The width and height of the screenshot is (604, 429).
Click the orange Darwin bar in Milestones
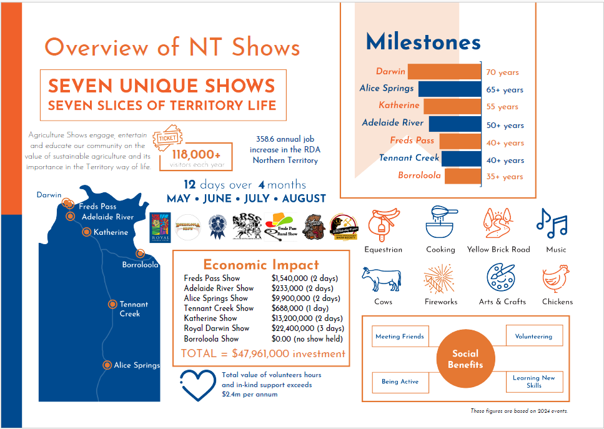tap(443, 71)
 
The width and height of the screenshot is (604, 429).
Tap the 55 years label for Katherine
tap(502, 107)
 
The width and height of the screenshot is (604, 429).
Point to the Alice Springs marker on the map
tap(107, 365)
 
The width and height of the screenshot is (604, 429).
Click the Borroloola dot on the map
tap(140, 254)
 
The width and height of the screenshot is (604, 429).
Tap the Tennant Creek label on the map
tap(134, 309)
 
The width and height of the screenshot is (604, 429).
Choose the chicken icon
tap(557, 279)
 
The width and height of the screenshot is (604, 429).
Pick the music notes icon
tap(552, 224)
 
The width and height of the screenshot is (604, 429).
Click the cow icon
tap(381, 279)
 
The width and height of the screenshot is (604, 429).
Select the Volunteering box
tap(533, 336)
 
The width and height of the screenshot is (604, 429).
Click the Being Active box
tap(400, 382)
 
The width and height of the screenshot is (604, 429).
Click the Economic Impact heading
tap(260, 264)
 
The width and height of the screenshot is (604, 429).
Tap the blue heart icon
tap(197, 384)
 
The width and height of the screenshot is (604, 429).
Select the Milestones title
tap(423, 42)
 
